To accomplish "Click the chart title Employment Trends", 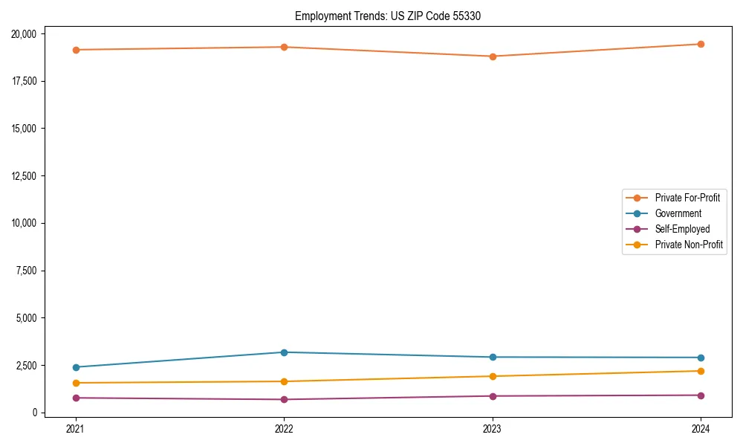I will pos(387,16).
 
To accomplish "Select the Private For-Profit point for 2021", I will pos(75,50).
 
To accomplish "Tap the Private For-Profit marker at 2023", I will pos(493,56).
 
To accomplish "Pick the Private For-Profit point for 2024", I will pos(701,44).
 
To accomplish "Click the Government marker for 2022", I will pos(284,352).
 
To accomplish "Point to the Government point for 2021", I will pos(75,367).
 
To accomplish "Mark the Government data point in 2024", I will pos(701,358).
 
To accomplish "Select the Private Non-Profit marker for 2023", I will pos(493,376).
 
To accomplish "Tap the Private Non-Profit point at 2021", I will pos(75,383).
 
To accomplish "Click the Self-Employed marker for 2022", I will pos(284,400).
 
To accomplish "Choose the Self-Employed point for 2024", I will pos(701,395).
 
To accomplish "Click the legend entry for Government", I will pos(678,213).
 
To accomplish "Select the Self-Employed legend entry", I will pos(682,229).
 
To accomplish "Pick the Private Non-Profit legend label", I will pos(689,245).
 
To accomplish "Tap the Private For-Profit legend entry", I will pos(687,198).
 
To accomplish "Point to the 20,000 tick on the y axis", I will pos(27,34).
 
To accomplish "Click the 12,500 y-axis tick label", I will pos(27,176).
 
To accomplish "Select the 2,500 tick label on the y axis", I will pos(30,366).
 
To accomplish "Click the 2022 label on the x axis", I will pos(284,429).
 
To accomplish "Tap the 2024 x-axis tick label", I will pos(701,429).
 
